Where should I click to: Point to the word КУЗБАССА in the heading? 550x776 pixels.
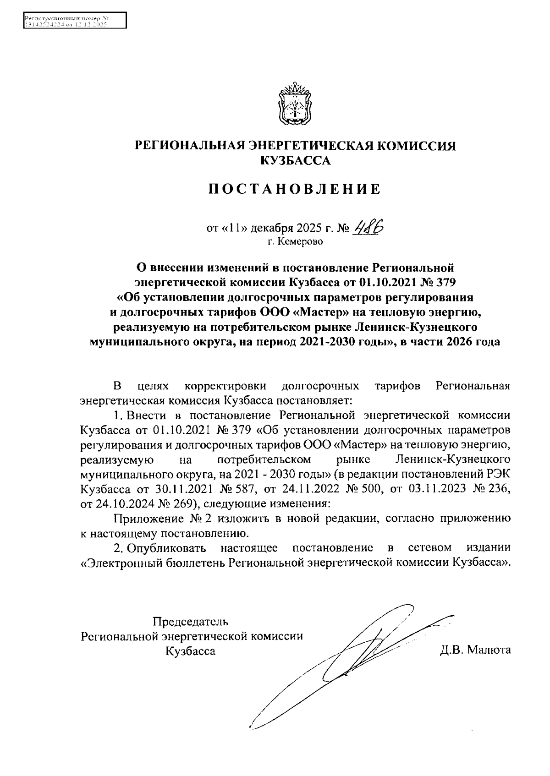[295, 160]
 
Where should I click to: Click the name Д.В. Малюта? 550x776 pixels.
[475, 650]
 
